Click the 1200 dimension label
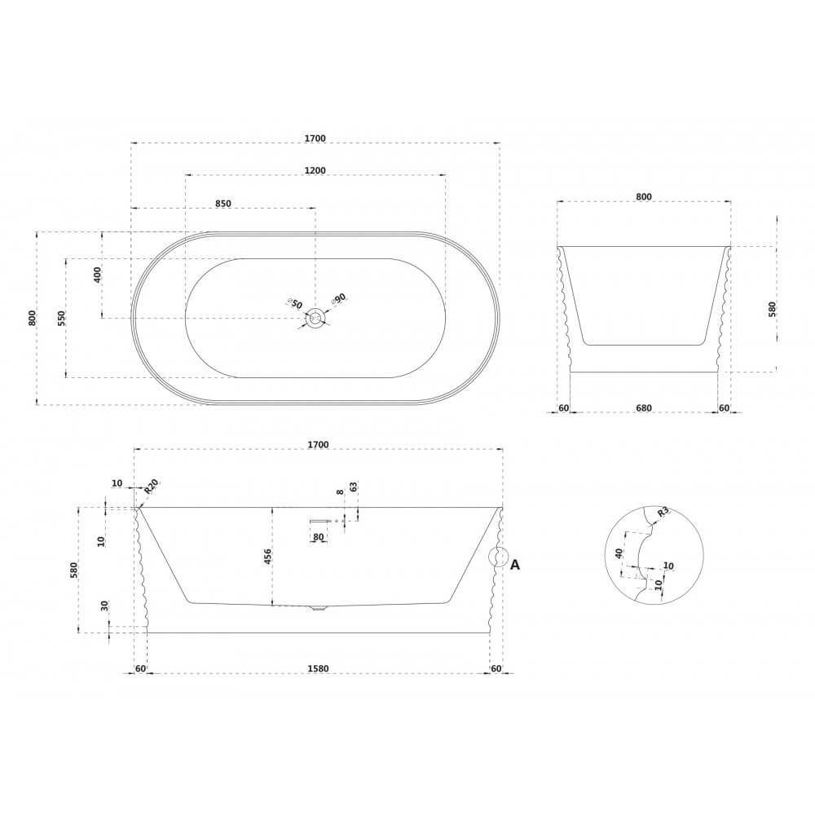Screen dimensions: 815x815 click(315, 170)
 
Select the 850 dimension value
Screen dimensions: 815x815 click(223, 203)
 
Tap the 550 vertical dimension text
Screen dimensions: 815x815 click(61, 318)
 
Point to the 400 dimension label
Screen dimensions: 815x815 click(98, 274)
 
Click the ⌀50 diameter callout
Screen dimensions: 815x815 click(295, 303)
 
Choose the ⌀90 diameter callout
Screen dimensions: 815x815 click(339, 299)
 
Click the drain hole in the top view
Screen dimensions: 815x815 click(315, 318)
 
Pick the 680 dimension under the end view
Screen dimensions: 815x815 click(644, 408)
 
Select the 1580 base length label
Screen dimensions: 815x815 click(318, 668)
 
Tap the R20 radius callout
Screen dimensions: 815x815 click(151, 487)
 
